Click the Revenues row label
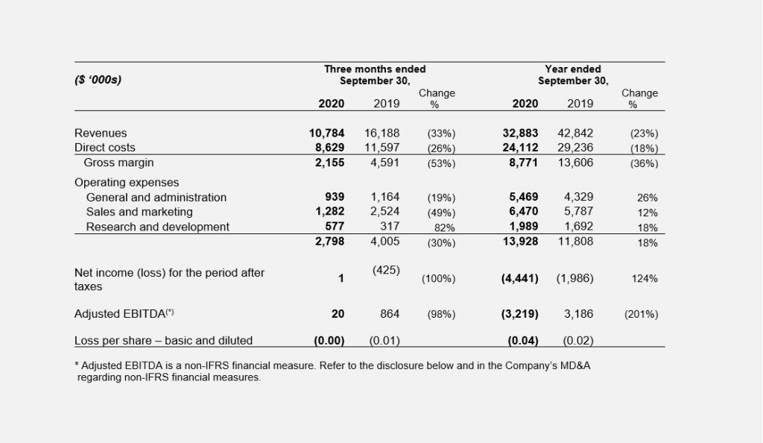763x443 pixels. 101,133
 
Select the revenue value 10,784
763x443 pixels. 326,133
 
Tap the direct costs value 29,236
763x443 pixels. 575,148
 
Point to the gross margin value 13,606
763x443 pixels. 575,163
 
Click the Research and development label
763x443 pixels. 157,227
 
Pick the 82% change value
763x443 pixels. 444,227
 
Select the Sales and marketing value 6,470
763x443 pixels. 523,211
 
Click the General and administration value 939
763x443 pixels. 335,197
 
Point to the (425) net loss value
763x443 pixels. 386,270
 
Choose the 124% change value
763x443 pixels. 645,278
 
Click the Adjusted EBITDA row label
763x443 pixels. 124,313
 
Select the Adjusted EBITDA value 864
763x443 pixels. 389,314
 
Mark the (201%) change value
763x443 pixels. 641,315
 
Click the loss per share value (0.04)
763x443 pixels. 522,341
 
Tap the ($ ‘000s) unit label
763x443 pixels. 98,79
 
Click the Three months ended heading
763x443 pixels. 375,69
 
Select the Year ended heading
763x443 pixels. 573,69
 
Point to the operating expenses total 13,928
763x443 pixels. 520,242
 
